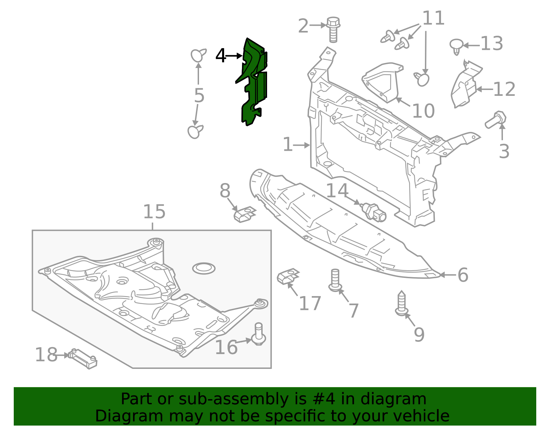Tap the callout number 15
click(154, 212)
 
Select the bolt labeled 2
click(333, 30)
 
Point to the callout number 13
click(492, 44)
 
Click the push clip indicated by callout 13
click(456, 46)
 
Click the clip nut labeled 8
click(244, 215)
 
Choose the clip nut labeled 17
click(288, 276)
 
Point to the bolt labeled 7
click(335, 281)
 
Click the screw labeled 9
click(401, 303)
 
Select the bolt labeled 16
click(258, 334)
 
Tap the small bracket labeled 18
click(83, 359)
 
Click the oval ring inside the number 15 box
click(204, 269)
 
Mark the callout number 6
click(463, 275)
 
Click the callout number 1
click(288, 144)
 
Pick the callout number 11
click(433, 18)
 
